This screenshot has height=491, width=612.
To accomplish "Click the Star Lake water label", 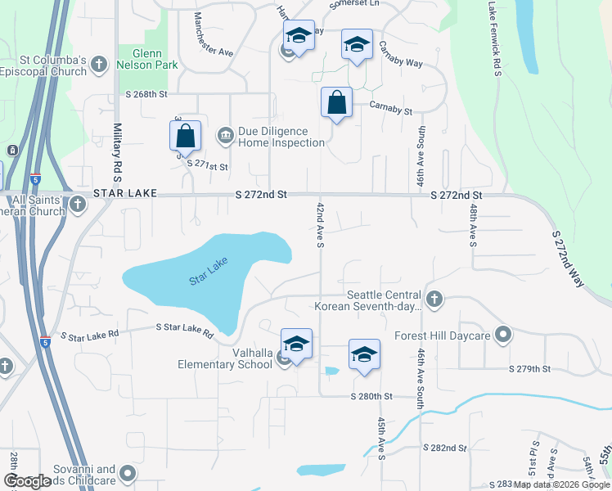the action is (x=208, y=271).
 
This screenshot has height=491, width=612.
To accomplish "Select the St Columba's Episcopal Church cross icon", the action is (x=99, y=64).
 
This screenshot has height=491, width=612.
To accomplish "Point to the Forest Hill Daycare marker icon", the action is (x=503, y=335).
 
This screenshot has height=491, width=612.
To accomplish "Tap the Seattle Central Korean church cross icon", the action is (x=434, y=300).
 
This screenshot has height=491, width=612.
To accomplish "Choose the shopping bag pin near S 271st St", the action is (x=186, y=136).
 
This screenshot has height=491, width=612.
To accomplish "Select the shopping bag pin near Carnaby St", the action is (x=336, y=103).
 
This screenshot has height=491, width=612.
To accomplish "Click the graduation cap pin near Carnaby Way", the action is (x=357, y=44).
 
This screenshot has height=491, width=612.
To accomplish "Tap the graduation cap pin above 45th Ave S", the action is (x=364, y=354).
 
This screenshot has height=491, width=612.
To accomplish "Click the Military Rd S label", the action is (x=118, y=152).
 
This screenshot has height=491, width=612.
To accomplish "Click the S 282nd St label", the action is (x=444, y=448).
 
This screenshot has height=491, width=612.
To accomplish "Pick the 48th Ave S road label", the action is (x=473, y=226).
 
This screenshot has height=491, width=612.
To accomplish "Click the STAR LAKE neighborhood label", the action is (x=124, y=194).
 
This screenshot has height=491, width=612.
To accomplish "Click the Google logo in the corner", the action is (x=27, y=481).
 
